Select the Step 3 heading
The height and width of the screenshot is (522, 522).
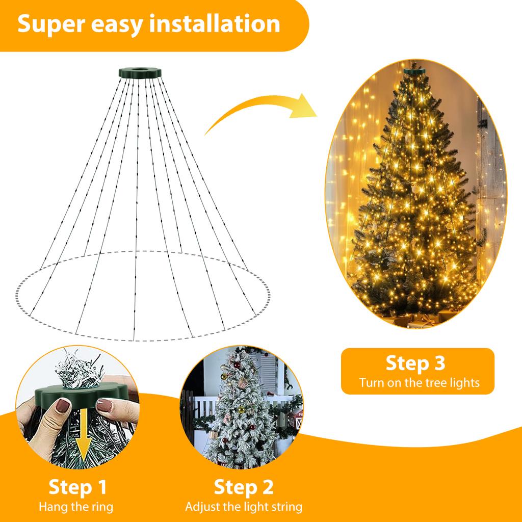tap(415, 363)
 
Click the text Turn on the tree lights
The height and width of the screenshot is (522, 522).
tap(419, 382)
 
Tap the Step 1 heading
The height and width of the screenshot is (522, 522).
tap(77, 487)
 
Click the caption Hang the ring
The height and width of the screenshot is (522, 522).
tap(76, 507)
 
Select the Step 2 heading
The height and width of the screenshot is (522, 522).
tap(243, 487)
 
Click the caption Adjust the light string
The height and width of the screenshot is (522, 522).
tap(243, 507)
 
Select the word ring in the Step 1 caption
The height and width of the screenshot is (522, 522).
tap(102, 507)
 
